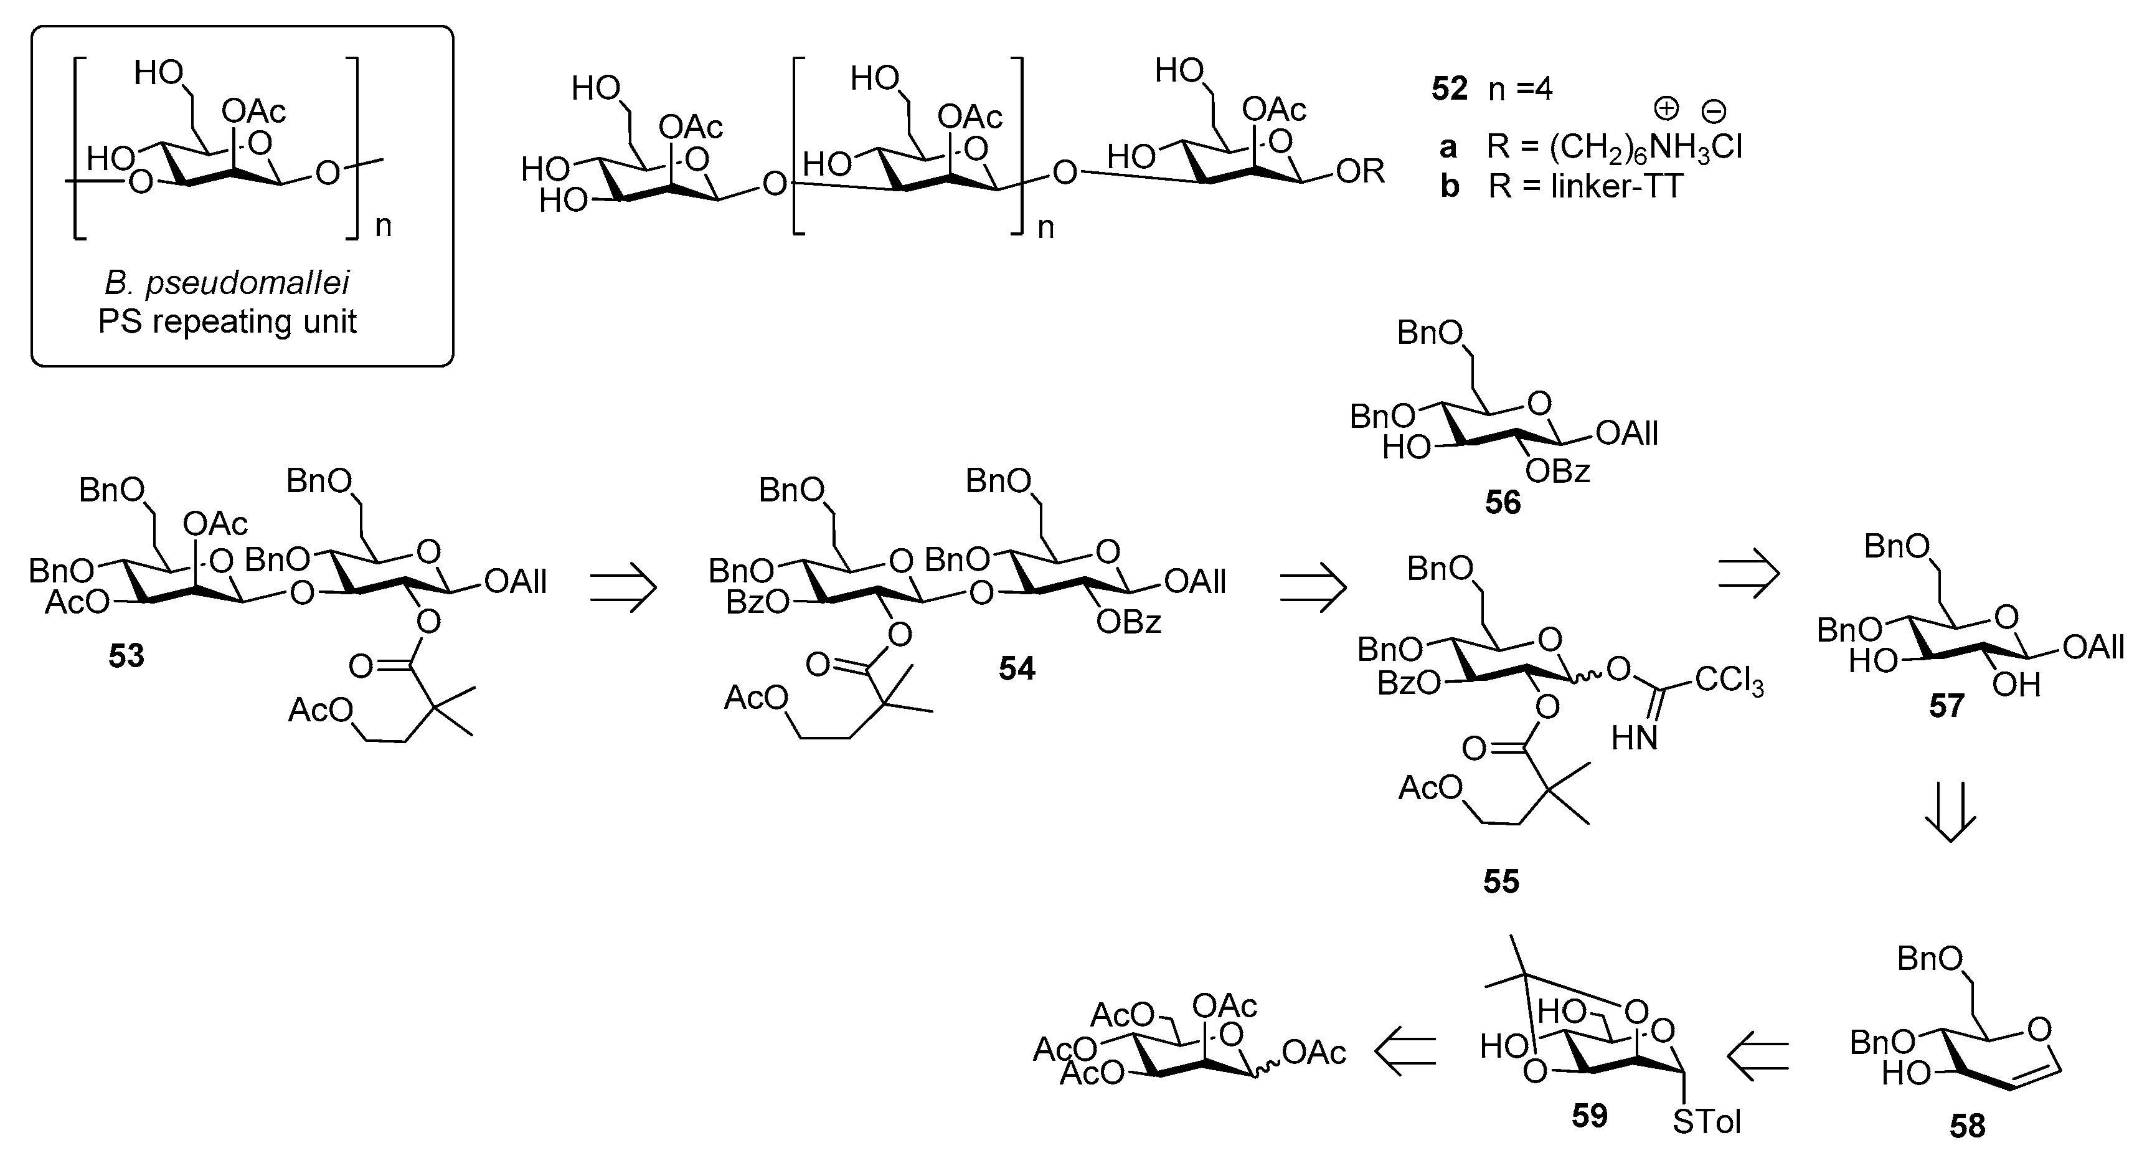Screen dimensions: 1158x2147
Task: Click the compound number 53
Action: (126, 656)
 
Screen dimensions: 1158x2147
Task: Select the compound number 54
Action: (1017, 668)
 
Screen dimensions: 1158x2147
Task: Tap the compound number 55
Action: (1501, 881)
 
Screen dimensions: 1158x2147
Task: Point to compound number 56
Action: (1503, 502)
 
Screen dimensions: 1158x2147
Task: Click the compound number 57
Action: (1946, 707)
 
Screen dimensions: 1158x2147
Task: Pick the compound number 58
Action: (1967, 1127)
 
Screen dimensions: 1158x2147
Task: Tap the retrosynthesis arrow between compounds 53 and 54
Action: (623, 587)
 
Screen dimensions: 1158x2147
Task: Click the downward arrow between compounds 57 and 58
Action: (1950, 813)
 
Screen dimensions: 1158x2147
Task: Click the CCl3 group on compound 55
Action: (1729, 683)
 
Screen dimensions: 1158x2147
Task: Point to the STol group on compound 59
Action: (1706, 1121)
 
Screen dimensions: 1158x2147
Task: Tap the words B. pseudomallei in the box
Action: (227, 283)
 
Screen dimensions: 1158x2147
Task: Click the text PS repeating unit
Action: (227, 321)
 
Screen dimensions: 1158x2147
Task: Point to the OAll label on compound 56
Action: (1626, 434)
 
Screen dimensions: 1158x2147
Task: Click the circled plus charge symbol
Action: (1665, 108)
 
